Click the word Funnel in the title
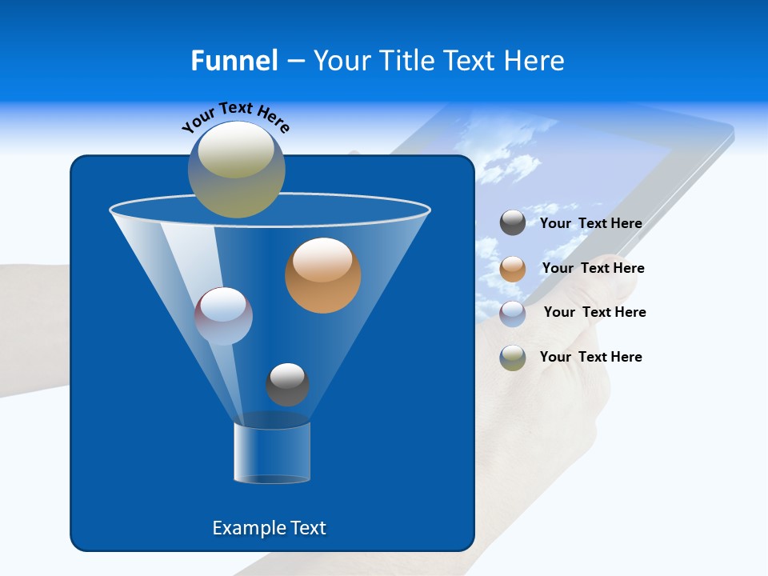click(x=234, y=61)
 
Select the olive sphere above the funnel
click(x=237, y=170)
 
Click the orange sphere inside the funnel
click(x=322, y=275)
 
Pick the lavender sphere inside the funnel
click(x=223, y=316)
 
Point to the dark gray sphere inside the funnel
click(x=287, y=384)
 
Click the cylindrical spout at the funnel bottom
click(x=272, y=453)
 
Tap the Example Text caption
click(x=270, y=528)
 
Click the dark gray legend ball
click(x=513, y=222)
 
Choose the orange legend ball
click(x=513, y=269)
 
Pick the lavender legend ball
click(x=513, y=314)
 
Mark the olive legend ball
click(x=513, y=358)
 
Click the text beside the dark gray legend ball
click(x=590, y=223)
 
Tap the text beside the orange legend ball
click(x=593, y=268)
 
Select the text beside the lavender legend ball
click(x=594, y=312)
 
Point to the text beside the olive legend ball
click(x=590, y=357)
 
